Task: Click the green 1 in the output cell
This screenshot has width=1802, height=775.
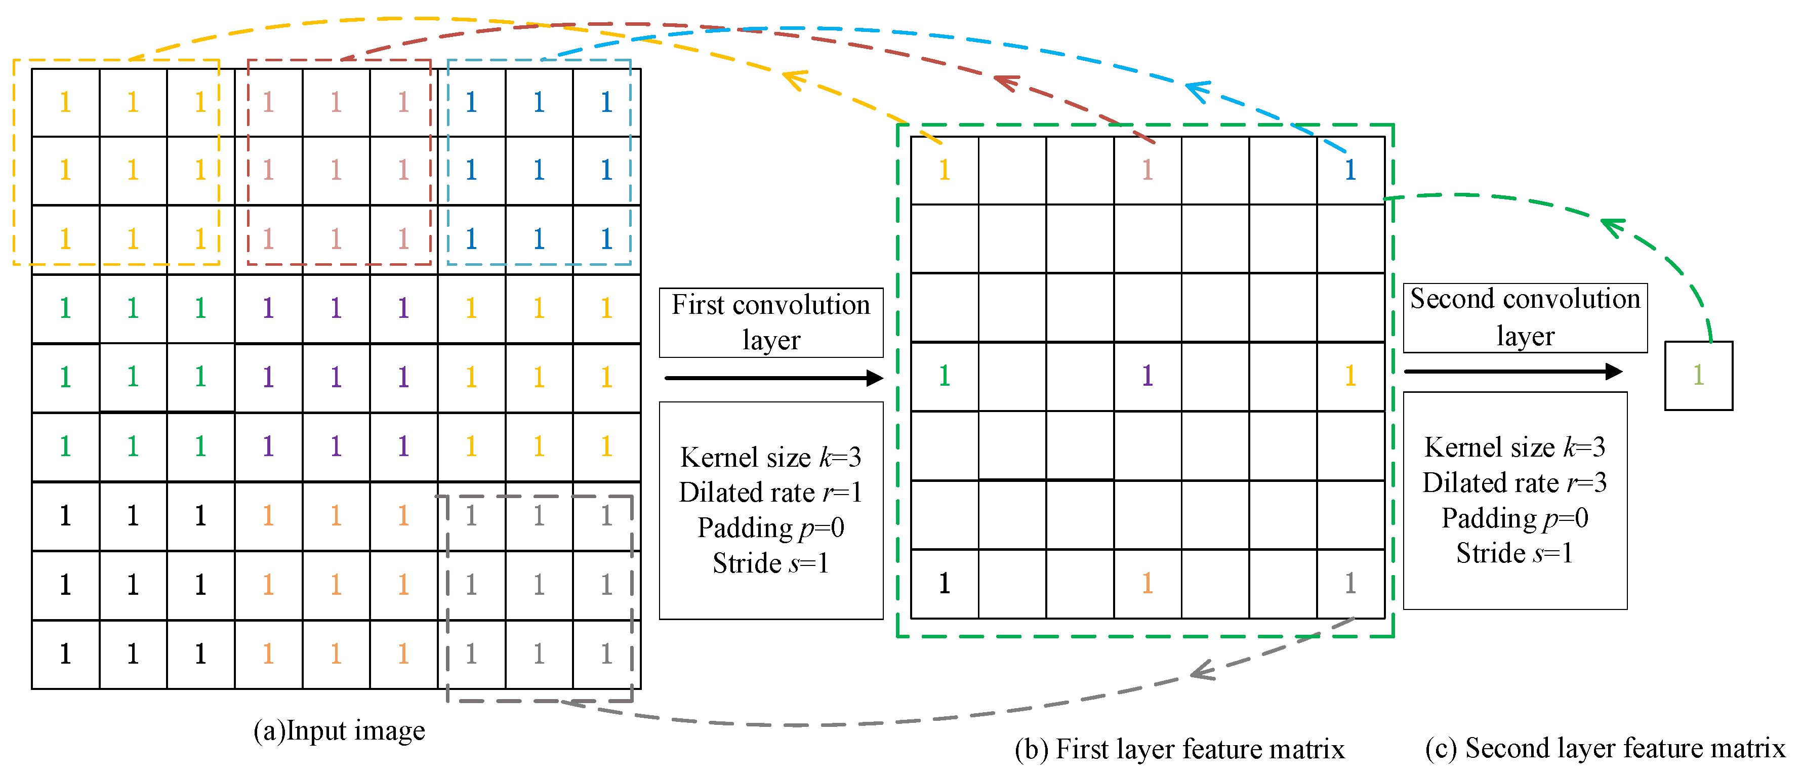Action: [x=1698, y=375]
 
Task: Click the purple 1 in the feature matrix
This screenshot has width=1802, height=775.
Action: [x=1147, y=376]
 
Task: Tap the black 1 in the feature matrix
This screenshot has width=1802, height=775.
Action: [x=945, y=583]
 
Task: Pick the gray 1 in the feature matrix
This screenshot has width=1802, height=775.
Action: [x=1350, y=583]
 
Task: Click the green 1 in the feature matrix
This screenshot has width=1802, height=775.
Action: [x=945, y=376]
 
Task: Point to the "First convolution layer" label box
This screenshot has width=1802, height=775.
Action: [x=771, y=322]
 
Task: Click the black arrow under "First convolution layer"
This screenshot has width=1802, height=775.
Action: [x=773, y=379]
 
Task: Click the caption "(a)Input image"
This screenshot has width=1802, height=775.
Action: [x=339, y=730]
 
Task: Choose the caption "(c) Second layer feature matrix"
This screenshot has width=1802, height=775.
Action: [x=1605, y=748]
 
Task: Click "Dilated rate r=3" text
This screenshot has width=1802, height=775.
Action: [x=1514, y=482]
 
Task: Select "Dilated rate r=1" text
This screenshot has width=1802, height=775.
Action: [x=770, y=493]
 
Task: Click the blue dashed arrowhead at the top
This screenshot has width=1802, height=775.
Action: [x=1197, y=90]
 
